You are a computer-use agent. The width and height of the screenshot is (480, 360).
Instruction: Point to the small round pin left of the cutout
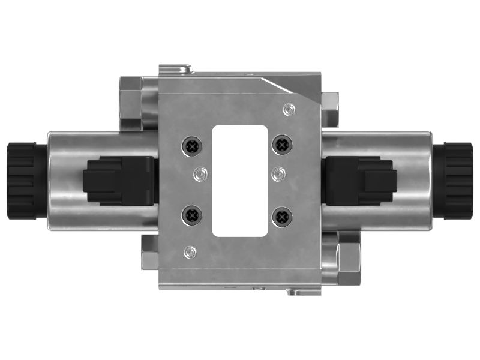point(200,174)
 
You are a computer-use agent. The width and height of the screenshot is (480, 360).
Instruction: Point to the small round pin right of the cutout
point(277,174)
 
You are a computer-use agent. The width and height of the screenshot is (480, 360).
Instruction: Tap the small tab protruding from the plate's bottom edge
point(294,292)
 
